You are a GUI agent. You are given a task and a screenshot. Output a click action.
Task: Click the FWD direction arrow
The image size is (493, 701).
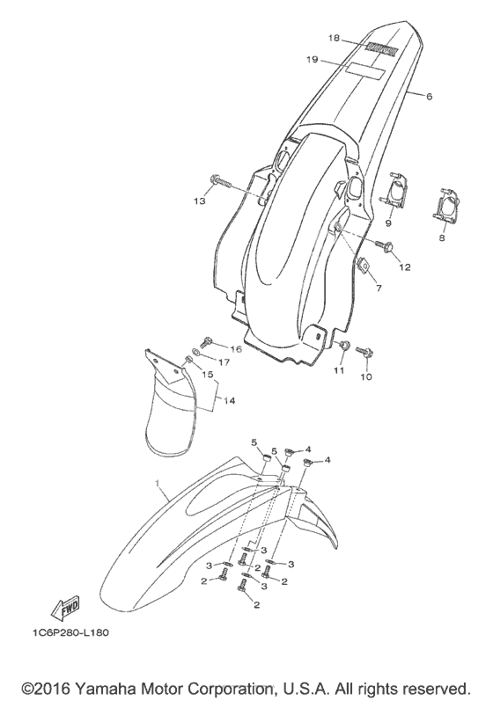(65, 608)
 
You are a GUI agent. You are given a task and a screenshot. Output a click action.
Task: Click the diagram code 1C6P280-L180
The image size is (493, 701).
(70, 632)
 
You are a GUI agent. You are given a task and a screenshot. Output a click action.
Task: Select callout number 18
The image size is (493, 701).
(334, 38)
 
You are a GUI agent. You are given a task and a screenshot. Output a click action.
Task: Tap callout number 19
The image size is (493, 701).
(313, 59)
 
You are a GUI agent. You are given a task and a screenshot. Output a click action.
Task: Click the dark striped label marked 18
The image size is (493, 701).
(381, 49)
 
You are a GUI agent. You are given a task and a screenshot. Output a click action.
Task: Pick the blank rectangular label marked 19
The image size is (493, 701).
(365, 71)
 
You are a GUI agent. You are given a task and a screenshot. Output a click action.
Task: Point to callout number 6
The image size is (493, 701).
(429, 96)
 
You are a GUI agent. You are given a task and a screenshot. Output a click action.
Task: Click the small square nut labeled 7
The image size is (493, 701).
(365, 265)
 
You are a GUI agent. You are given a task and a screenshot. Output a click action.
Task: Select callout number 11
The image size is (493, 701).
(339, 370)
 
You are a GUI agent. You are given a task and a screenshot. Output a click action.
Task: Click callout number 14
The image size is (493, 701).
(229, 400)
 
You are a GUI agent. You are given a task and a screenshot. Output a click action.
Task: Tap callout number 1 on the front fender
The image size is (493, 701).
(157, 483)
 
